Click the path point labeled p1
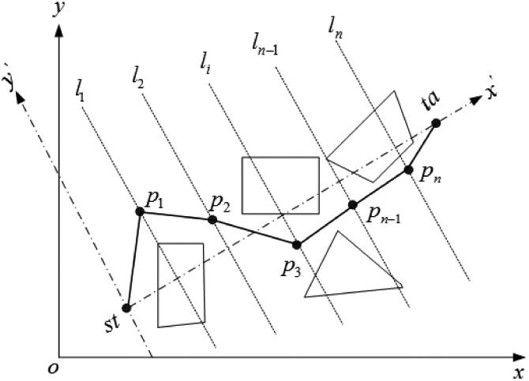140,211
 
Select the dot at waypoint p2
212,219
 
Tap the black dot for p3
297,245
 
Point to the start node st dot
126,308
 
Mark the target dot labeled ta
435,122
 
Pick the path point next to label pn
408,170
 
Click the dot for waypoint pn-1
353,205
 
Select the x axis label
518,371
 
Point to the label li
206,61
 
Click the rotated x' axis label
493,91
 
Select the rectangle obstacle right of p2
280,185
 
